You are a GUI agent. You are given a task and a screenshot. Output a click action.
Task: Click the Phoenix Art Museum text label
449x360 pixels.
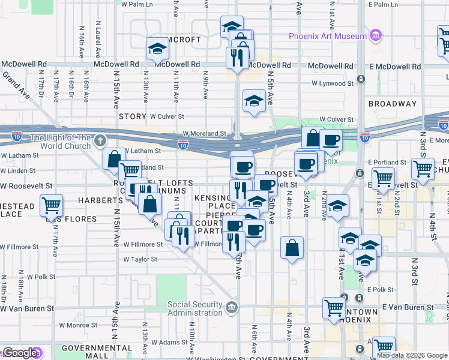[327, 36]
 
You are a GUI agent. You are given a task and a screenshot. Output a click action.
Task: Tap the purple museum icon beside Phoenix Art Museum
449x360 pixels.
[376, 35]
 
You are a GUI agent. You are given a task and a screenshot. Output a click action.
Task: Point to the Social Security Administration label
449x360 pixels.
[194, 308]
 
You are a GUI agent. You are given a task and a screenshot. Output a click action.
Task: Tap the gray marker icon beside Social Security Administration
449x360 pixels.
[232, 308]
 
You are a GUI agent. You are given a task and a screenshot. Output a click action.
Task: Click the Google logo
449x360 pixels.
[19, 353]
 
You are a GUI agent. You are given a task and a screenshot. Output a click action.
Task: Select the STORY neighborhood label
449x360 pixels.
[133, 116]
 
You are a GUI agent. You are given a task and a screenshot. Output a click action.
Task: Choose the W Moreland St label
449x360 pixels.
[205, 134]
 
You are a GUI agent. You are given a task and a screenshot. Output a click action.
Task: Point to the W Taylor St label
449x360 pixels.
[140, 260]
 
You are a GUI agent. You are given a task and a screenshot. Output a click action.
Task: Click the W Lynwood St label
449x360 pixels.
[330, 84]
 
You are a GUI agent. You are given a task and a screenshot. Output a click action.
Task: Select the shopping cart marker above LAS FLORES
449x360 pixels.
[52, 206]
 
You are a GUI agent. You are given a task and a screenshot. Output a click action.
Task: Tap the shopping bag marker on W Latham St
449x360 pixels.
[113, 159]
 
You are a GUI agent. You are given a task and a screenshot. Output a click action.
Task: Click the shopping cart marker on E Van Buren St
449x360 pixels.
[334, 308]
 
